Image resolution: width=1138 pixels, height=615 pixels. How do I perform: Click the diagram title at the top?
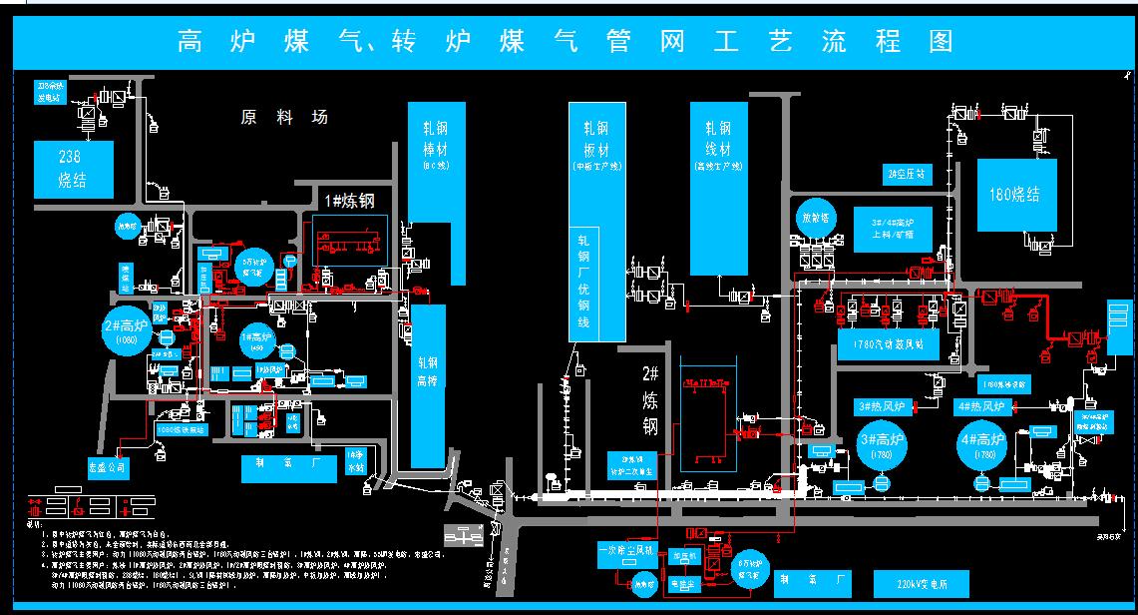(x=566, y=42)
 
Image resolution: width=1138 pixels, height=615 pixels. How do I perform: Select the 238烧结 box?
(x=74, y=170)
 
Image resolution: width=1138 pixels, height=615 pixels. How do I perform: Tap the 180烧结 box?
(x=1015, y=195)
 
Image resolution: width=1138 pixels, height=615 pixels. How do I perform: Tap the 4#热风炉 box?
(x=983, y=406)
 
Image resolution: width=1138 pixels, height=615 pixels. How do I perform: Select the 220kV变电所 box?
(x=921, y=583)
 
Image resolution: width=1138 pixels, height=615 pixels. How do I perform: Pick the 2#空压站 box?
(x=906, y=174)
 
